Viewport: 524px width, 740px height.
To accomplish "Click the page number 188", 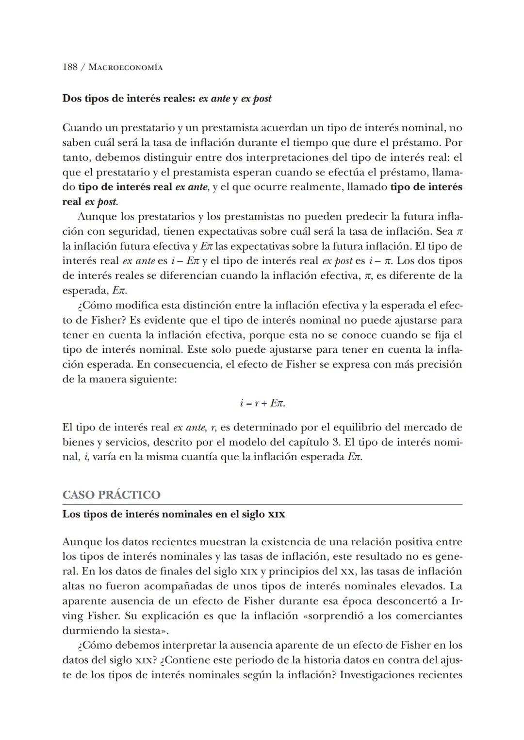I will click(70, 67).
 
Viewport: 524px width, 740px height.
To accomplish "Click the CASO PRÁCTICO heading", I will click(111, 495).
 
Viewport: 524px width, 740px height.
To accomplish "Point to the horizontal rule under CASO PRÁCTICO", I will click(262, 504).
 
